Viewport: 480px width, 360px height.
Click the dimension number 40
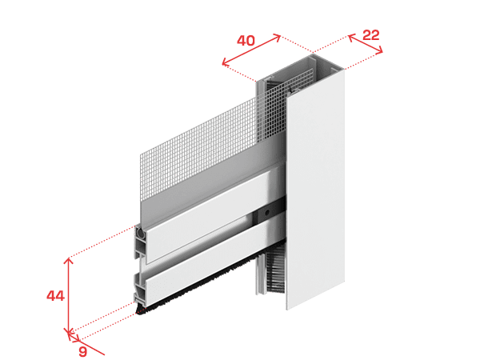(x=246, y=41)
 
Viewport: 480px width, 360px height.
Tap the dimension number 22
(x=370, y=35)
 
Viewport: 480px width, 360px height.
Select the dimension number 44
(x=55, y=296)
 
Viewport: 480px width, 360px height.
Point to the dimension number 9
(x=82, y=351)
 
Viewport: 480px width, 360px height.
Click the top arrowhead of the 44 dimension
(x=69, y=261)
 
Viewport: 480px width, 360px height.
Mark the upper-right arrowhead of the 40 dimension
(x=277, y=38)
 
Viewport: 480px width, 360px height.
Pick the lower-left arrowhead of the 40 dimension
(x=226, y=62)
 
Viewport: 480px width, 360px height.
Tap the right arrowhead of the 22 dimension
(x=379, y=50)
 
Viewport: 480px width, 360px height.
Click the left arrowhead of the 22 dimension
(x=351, y=37)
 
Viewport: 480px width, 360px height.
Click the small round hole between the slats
(x=267, y=212)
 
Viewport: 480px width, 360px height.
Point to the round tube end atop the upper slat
(x=141, y=233)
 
